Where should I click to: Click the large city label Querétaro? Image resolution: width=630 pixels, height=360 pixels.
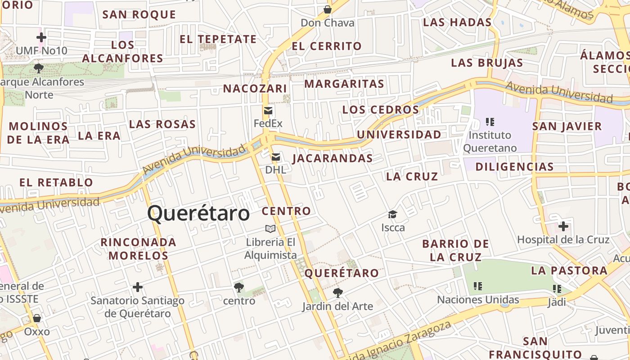point(198,213)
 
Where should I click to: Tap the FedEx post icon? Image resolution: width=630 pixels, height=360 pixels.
point(268,111)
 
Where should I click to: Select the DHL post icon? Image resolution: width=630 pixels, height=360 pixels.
point(276,157)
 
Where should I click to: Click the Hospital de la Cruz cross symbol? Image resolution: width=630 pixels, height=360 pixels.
point(563,226)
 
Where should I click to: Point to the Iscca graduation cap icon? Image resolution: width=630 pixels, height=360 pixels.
point(393,214)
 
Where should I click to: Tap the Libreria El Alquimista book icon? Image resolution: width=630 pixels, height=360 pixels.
point(270,229)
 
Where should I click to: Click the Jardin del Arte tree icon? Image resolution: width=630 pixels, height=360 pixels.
point(337,293)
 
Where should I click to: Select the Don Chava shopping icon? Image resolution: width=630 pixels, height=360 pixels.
point(328,9)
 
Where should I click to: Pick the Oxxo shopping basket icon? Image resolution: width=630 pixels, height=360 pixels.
point(37,318)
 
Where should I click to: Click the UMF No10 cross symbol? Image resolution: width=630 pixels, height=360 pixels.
point(41,37)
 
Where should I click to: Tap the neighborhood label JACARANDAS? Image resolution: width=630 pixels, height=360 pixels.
point(333,158)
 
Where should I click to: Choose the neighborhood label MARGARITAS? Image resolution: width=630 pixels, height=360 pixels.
point(344,84)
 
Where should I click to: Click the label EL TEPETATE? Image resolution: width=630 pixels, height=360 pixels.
point(218,39)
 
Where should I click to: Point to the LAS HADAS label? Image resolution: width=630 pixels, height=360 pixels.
point(457,22)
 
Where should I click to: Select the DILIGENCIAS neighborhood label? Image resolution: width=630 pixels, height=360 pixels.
point(514,167)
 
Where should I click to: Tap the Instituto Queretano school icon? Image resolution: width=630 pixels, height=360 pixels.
point(490,121)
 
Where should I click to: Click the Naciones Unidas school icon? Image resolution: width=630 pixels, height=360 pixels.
point(478,286)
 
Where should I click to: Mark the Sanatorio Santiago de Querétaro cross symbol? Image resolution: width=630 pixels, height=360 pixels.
point(138,287)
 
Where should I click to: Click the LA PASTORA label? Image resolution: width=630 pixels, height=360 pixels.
point(569,270)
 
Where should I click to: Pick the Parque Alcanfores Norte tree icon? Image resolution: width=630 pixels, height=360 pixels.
point(39,68)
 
